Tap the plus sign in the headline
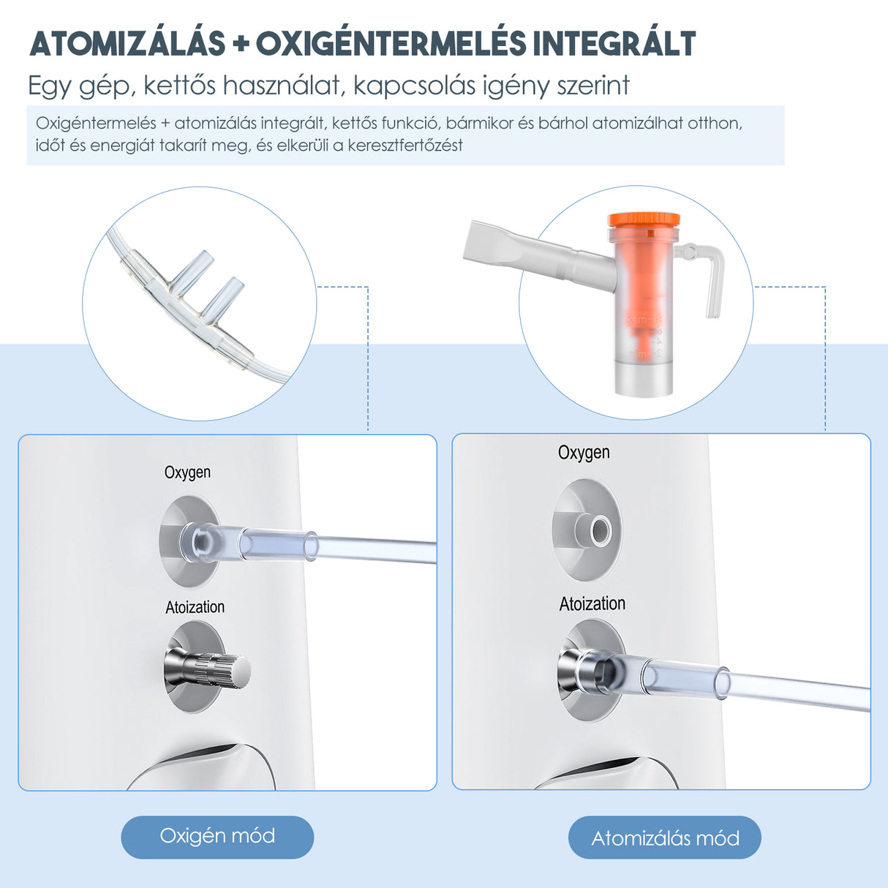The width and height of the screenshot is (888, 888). point(241,45)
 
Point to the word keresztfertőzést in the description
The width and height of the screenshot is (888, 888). point(405,145)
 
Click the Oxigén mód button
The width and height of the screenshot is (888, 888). point(217,836)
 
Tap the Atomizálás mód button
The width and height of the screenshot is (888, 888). point(664,838)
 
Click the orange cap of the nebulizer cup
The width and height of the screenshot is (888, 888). point(643,219)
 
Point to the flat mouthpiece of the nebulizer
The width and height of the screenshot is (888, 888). point(498,246)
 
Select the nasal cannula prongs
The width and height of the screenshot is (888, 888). point(209,282)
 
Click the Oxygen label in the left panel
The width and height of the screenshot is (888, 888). point(187,473)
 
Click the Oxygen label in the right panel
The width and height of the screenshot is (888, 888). point(584,453)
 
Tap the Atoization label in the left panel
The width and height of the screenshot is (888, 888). point(195,607)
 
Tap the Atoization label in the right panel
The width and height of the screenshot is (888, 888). point(592,603)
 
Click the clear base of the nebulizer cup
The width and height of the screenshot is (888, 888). point(643,377)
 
